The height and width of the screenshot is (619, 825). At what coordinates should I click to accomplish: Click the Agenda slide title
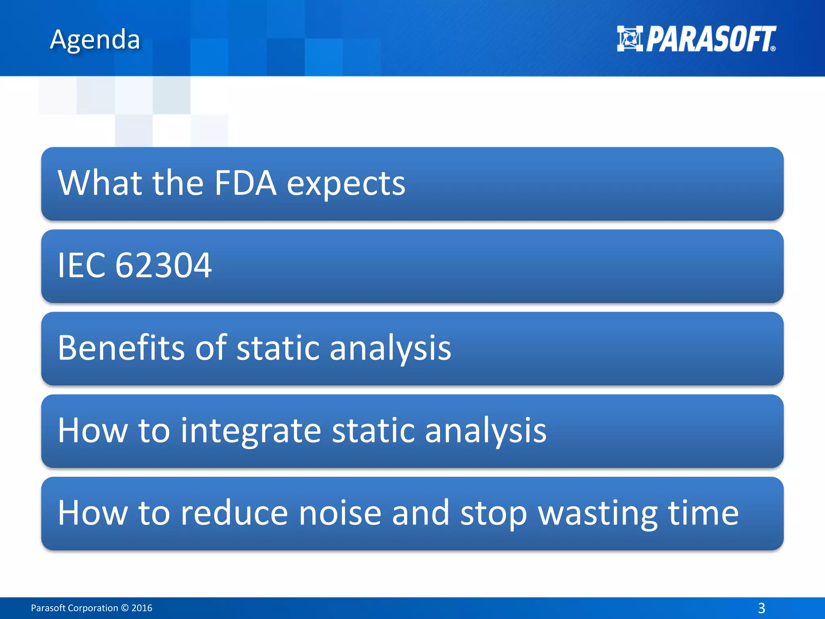click(95, 39)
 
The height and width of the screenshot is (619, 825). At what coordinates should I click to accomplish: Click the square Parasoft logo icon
click(630, 39)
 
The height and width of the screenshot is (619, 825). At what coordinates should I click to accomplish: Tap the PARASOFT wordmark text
click(711, 39)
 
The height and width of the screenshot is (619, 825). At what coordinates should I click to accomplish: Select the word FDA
click(245, 183)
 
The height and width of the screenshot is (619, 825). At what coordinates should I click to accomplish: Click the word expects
click(346, 185)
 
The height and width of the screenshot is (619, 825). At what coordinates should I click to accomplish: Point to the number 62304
click(163, 266)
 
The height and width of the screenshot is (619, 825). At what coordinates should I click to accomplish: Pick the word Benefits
click(121, 347)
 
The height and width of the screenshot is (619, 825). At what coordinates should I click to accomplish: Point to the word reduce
click(234, 513)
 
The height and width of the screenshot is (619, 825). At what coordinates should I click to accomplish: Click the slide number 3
click(761, 608)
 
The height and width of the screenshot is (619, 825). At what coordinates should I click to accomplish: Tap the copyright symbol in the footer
click(124, 608)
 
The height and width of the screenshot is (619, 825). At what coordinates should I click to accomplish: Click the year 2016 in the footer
click(142, 608)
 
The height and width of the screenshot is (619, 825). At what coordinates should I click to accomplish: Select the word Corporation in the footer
click(93, 608)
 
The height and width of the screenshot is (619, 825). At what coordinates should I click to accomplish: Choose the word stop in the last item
click(493, 514)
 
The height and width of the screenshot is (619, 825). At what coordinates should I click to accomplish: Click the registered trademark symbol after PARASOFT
click(773, 49)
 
